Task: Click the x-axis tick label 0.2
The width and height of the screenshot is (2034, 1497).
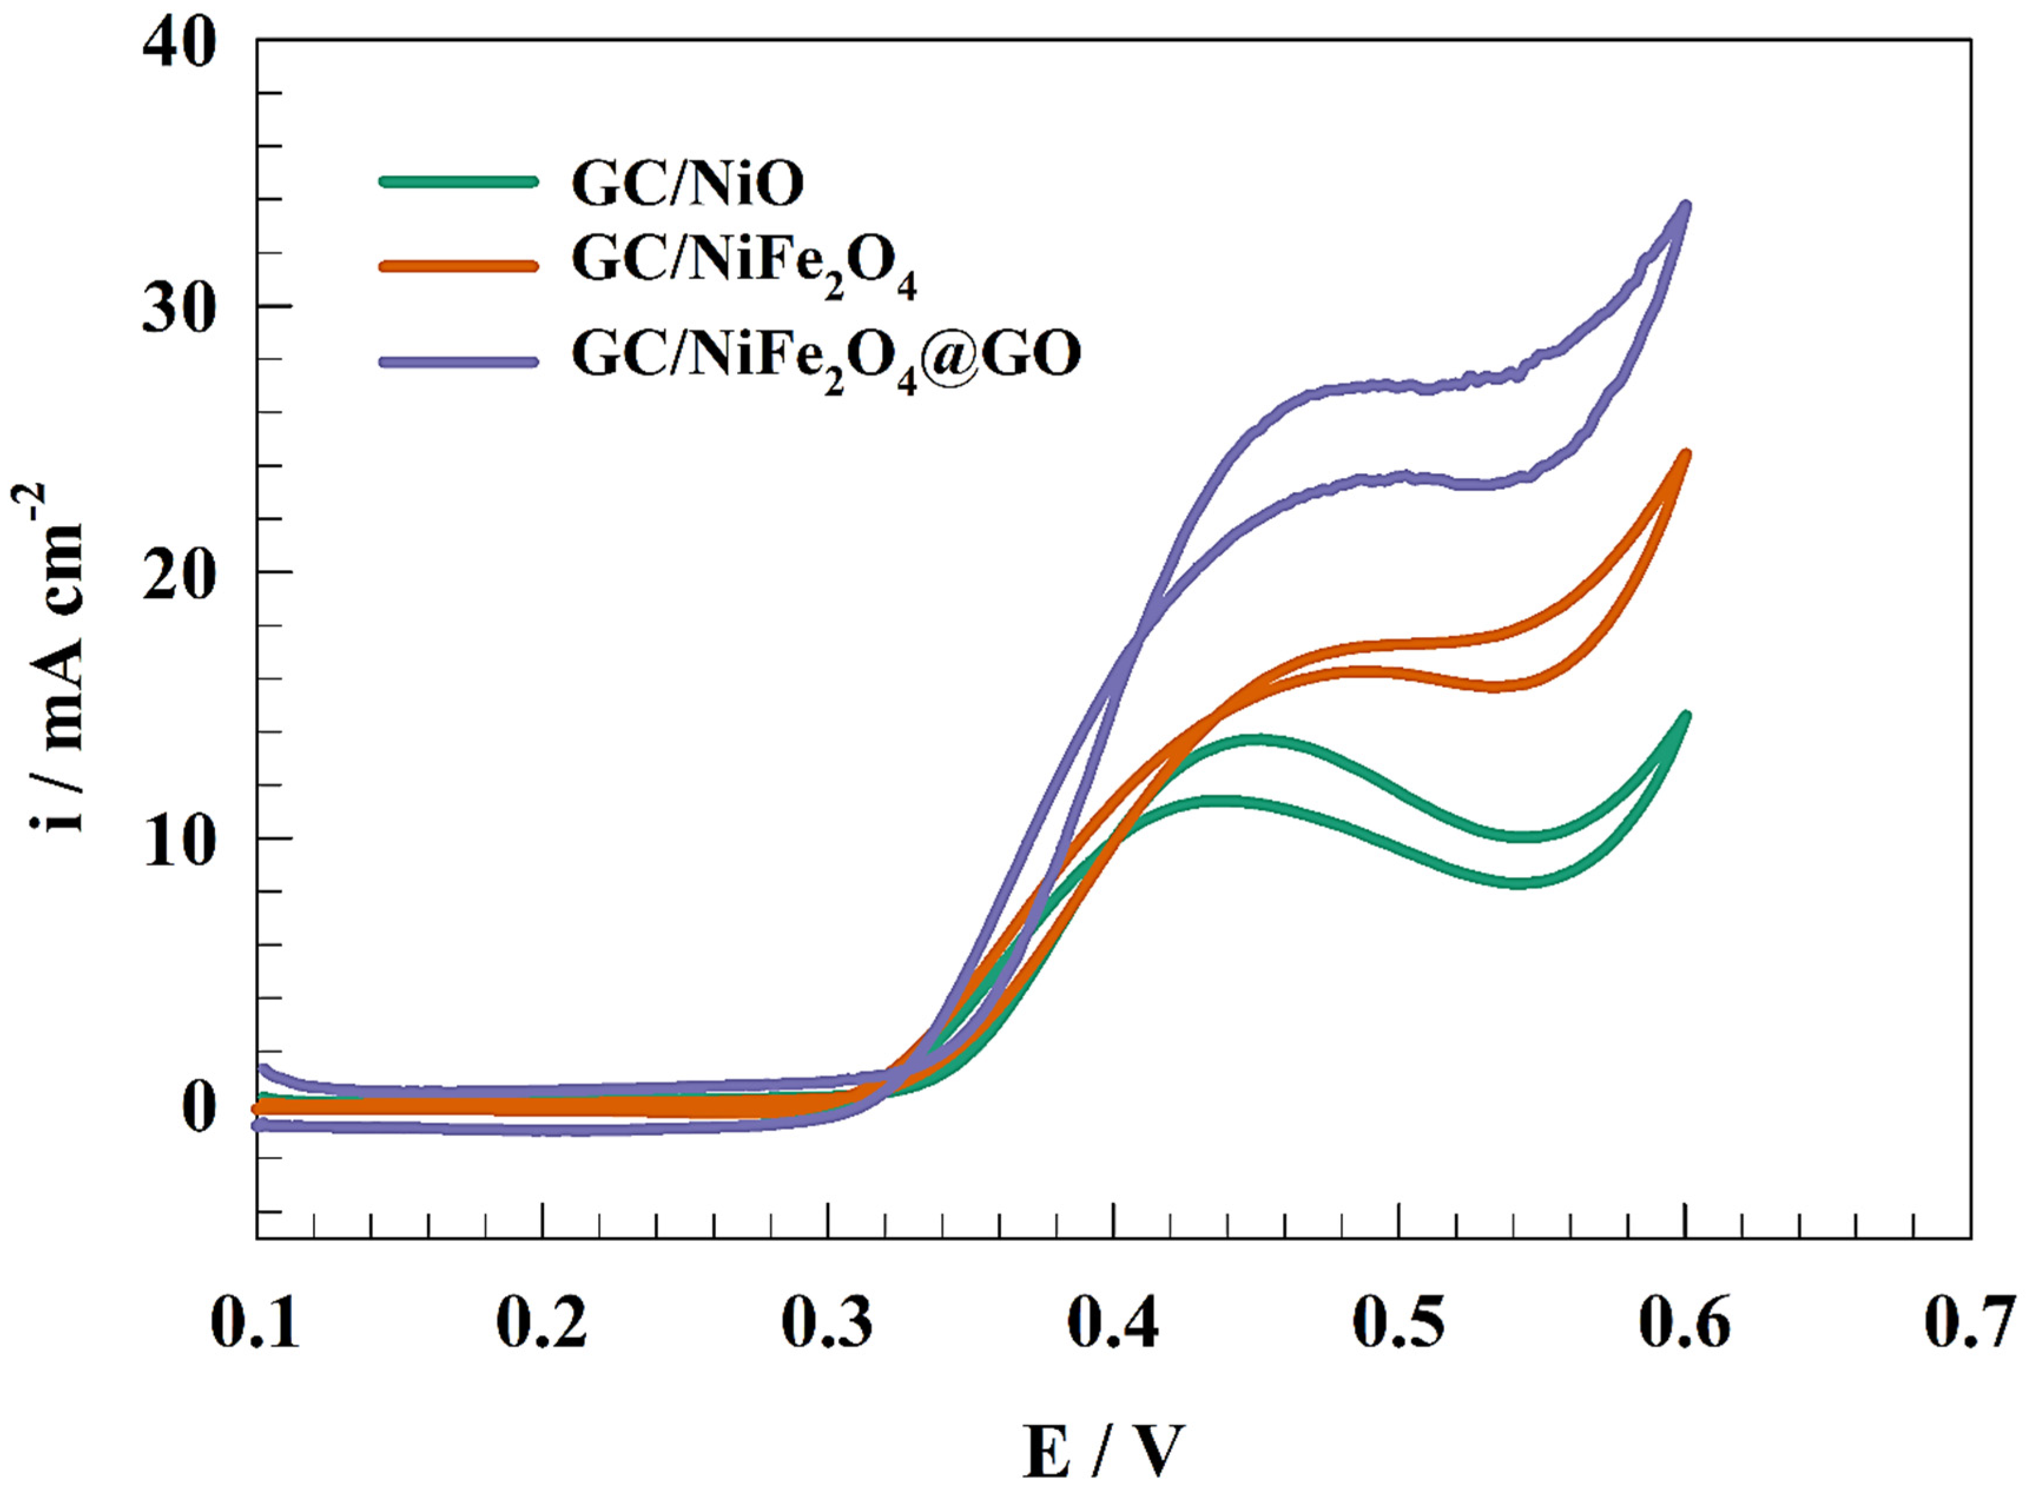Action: [542, 1324]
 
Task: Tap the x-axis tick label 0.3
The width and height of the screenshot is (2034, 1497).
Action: [827, 1324]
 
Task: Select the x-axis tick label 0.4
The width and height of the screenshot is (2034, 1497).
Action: [1114, 1324]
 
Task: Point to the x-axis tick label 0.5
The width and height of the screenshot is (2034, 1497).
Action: [1399, 1324]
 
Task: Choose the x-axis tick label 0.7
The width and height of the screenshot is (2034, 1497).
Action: [1970, 1324]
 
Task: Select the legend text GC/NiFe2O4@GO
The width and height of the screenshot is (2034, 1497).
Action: [826, 356]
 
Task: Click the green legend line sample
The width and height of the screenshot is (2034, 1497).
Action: [458, 180]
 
